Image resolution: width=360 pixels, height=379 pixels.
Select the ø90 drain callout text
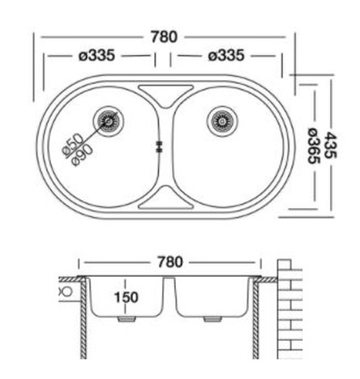coord(83,154)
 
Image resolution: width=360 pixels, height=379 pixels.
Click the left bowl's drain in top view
coord(108,121)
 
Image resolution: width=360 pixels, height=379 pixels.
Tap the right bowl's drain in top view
coord(221,121)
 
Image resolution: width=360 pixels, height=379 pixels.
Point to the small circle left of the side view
coord(66,288)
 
